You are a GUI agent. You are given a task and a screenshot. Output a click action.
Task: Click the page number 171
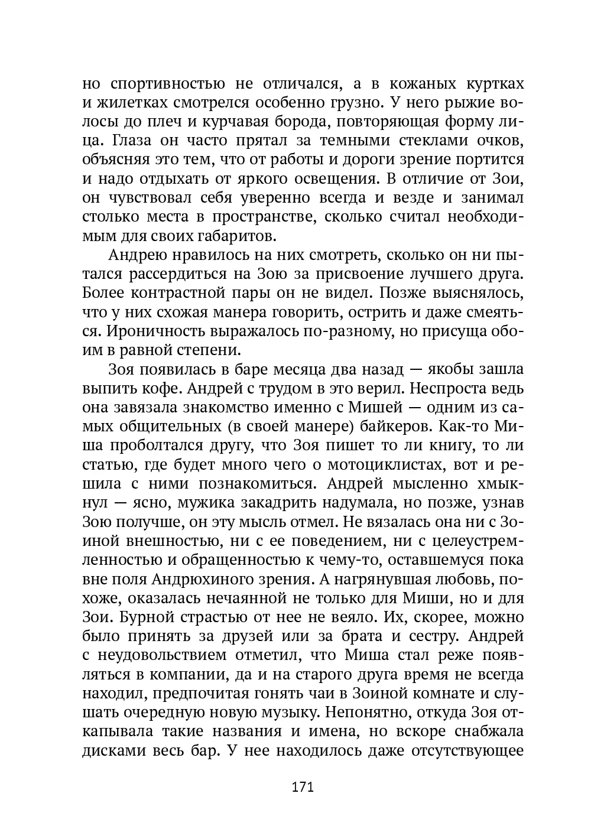pos(301,786)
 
